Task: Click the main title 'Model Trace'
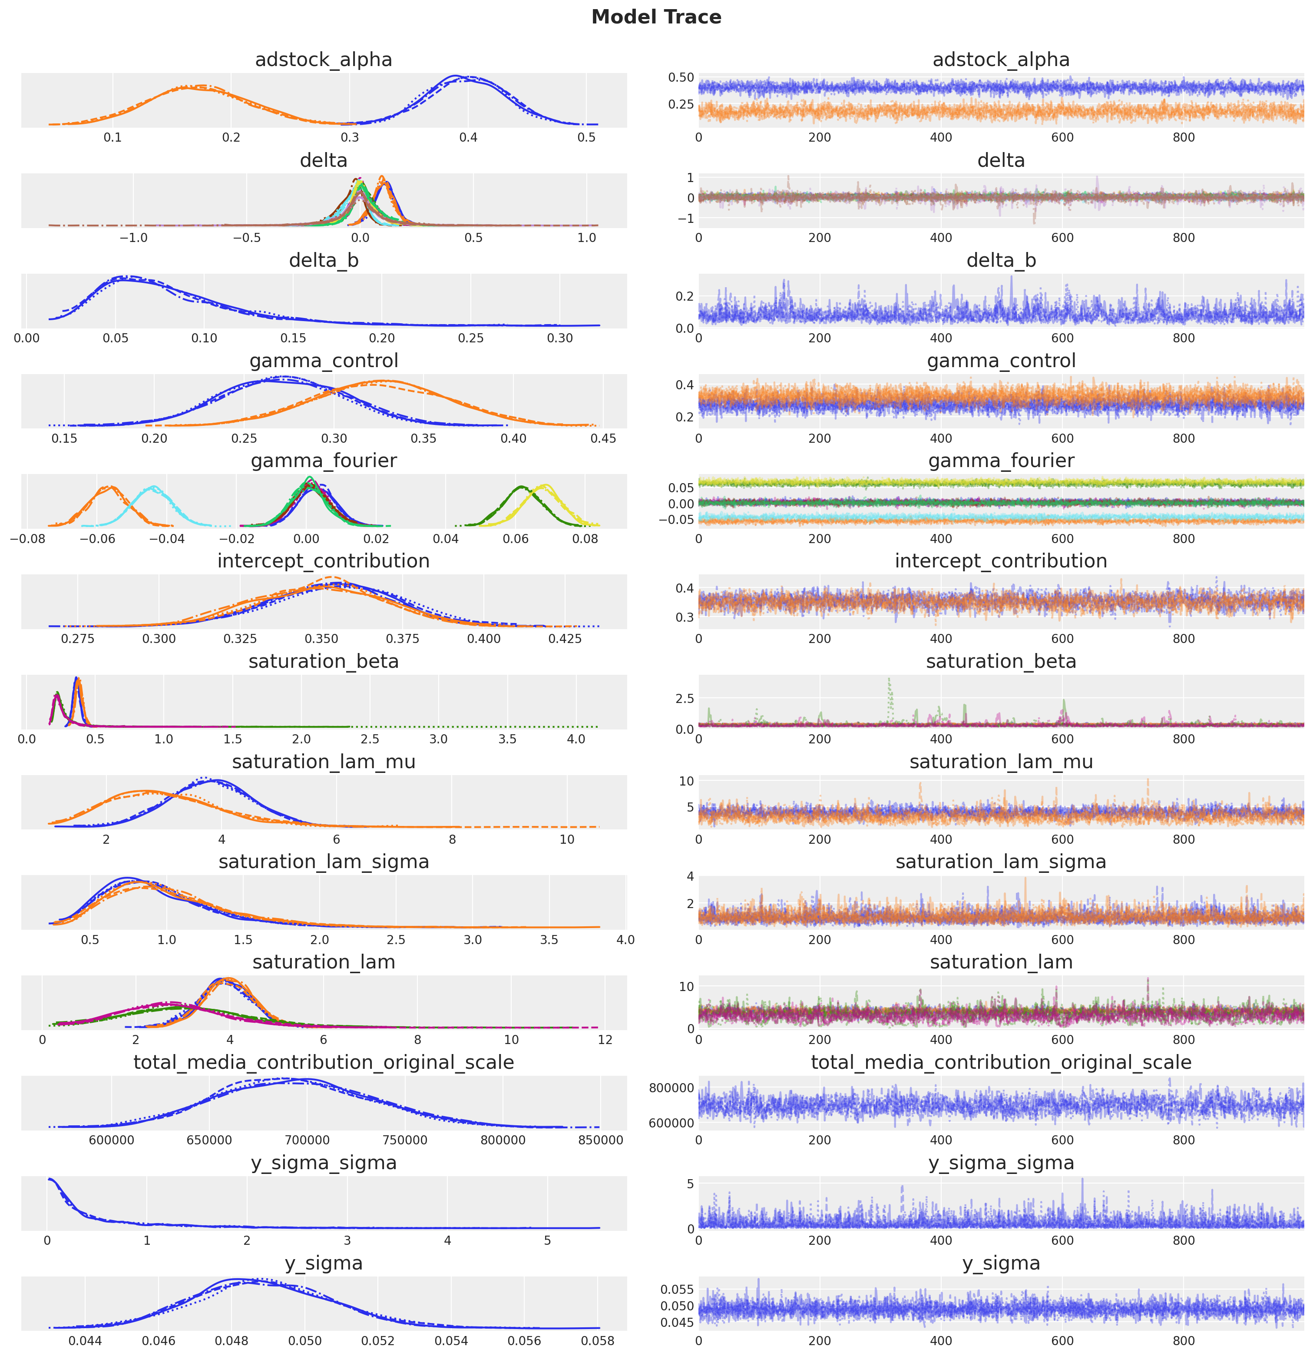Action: (x=656, y=17)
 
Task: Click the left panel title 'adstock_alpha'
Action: (x=324, y=60)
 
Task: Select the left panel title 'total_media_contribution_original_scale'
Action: (x=324, y=1063)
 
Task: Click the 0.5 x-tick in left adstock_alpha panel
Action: (x=587, y=138)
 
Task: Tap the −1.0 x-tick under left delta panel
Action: (x=133, y=238)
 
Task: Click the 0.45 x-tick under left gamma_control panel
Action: (x=603, y=439)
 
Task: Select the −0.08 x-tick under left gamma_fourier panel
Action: (x=28, y=539)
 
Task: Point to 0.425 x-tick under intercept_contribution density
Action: (x=565, y=639)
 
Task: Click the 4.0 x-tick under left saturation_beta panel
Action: (x=575, y=739)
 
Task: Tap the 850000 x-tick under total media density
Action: (x=600, y=1141)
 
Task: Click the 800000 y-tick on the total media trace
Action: (x=671, y=1088)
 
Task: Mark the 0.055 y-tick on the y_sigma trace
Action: (x=677, y=1290)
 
